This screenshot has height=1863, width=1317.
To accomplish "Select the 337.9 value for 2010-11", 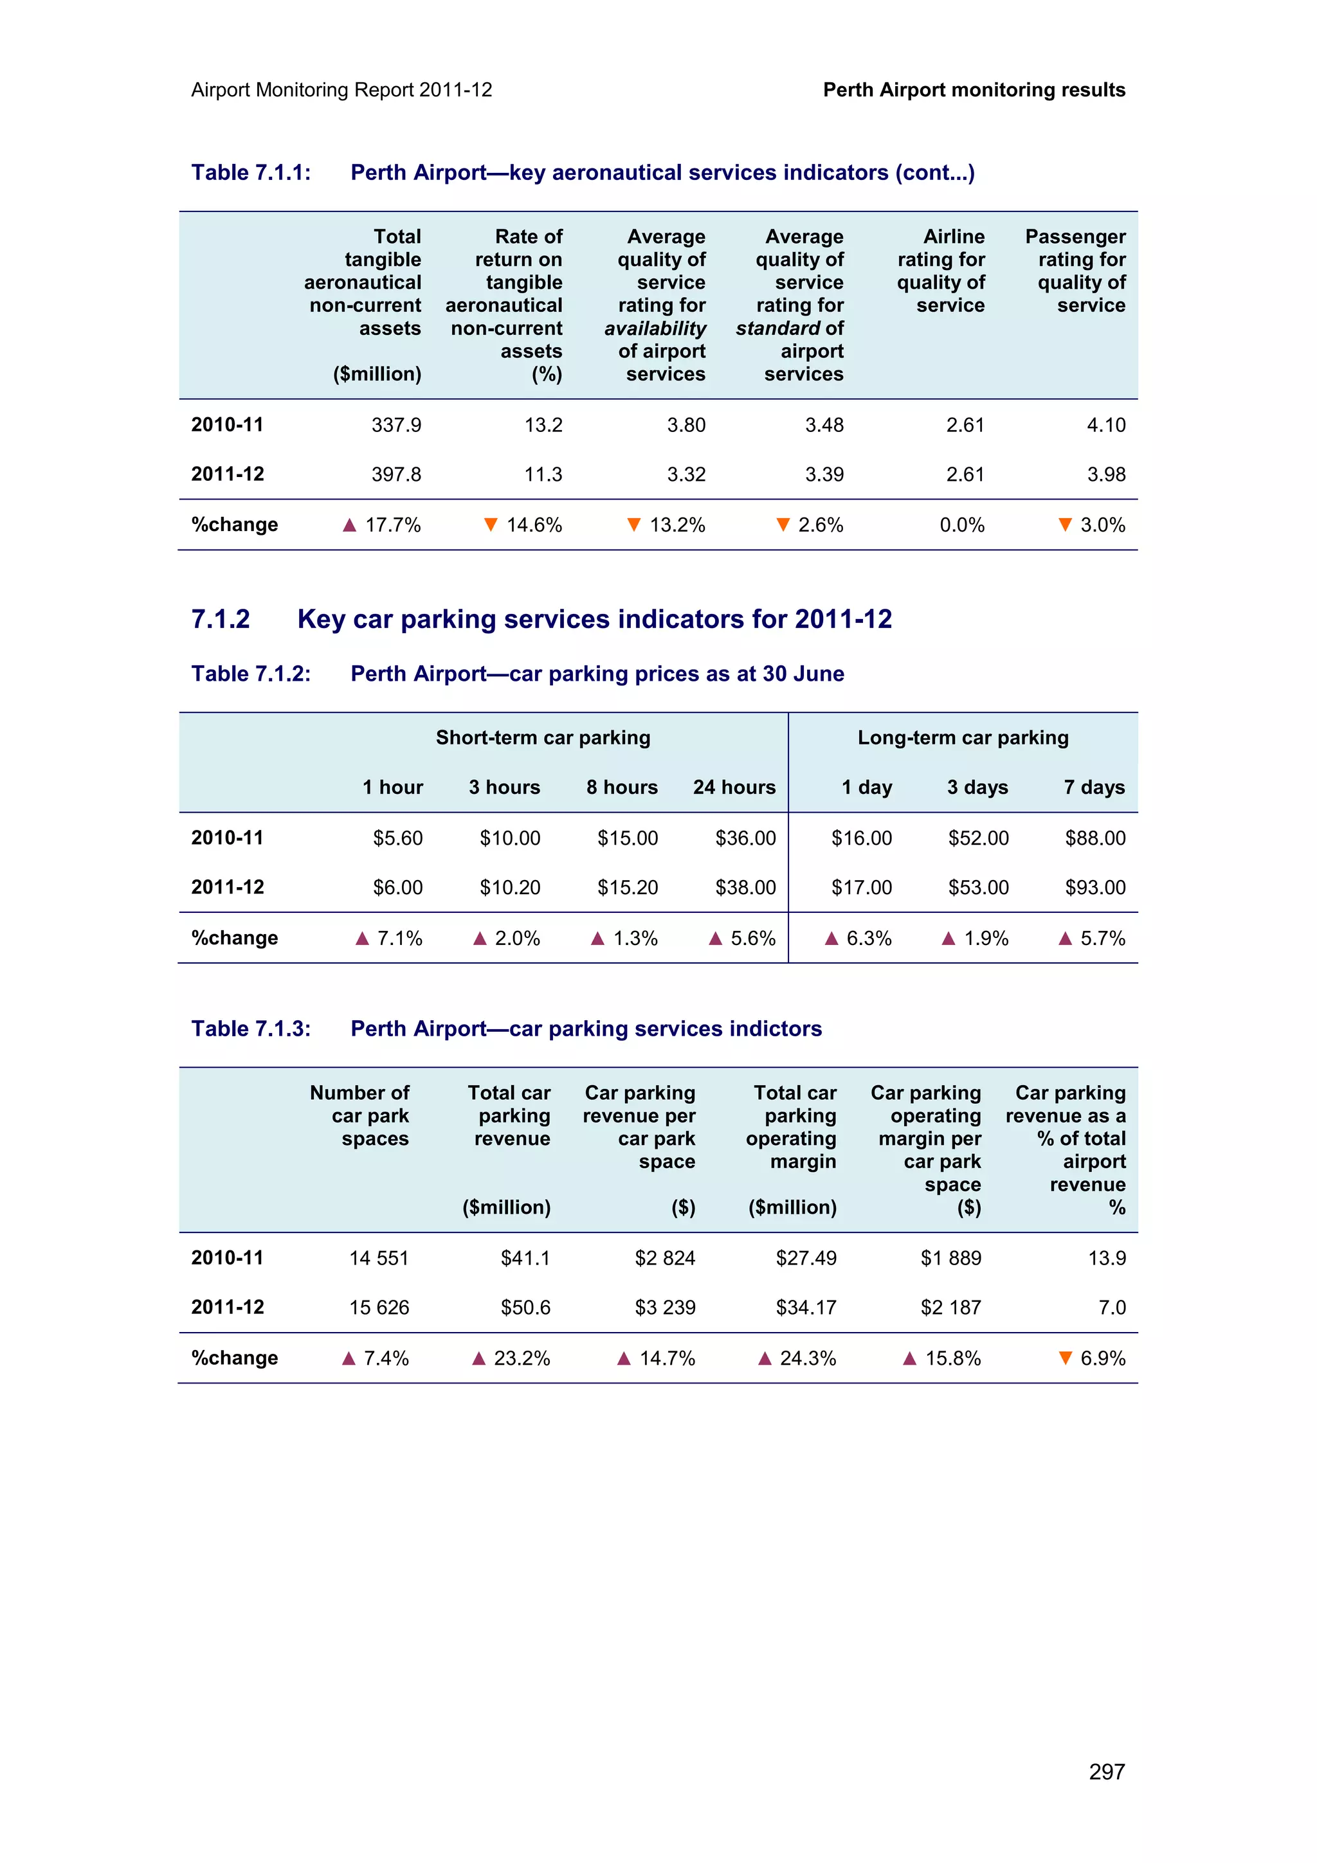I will point(396,425).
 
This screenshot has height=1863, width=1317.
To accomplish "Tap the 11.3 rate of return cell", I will point(543,474).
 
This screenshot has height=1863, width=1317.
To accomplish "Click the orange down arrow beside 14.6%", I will point(490,525).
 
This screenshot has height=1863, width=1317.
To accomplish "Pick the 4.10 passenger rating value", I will point(1106,425).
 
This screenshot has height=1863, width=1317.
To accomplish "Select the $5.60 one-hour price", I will point(397,838).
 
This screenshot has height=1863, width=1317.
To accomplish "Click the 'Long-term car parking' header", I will point(963,737).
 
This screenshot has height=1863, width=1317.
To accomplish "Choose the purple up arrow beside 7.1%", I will point(362,939).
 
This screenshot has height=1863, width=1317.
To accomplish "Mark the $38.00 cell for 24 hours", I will point(745,888).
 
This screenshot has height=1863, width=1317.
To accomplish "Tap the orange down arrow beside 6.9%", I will point(1066,1358).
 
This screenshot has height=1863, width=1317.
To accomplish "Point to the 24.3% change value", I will point(808,1358).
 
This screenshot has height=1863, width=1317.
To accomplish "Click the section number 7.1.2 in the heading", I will point(220,619).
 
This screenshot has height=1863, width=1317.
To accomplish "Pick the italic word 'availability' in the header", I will point(655,328).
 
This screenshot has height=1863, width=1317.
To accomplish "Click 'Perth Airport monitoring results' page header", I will point(974,90).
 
